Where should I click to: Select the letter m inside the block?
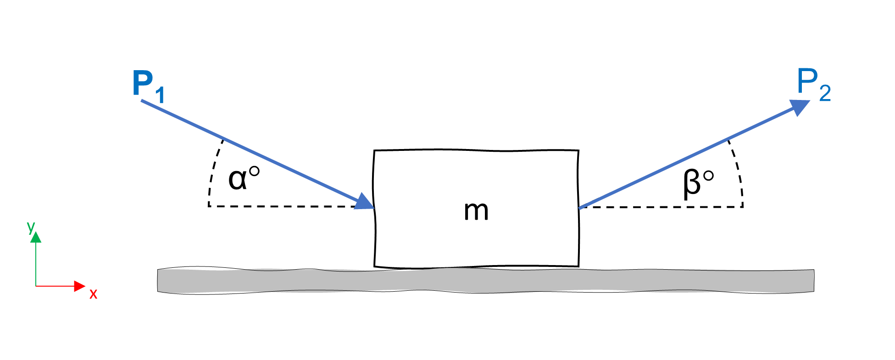pos(476,211)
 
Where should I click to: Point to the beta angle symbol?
pos(692,183)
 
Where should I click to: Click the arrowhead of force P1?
pos(365,202)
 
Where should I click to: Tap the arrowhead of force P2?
pos(799,107)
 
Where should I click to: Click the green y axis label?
pos(31,226)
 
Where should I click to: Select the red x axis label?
pos(93,294)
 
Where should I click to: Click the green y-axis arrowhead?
pos(36,237)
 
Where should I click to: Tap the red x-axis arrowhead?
pos(80,286)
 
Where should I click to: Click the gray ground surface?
pos(485,280)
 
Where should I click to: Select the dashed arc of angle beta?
pos(738,170)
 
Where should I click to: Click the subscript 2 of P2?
pos(825,93)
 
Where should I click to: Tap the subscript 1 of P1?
pos(160,95)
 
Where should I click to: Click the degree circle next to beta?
pos(708,176)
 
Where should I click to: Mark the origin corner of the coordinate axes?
pos(36,286)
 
